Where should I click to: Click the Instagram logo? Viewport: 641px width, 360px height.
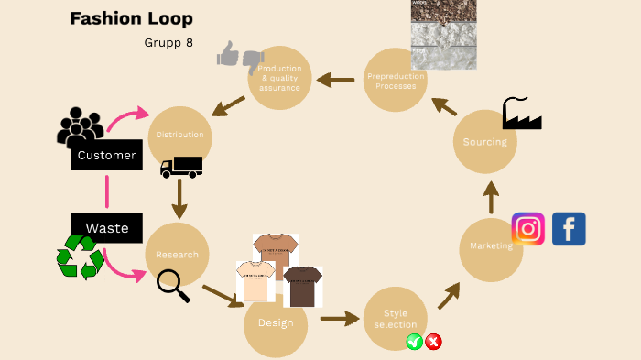(527, 228)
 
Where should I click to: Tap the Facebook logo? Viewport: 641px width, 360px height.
(569, 229)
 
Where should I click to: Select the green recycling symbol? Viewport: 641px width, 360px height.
(80, 257)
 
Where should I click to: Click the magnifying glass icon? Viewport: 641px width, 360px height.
(172, 286)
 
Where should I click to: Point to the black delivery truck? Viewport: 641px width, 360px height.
(180, 167)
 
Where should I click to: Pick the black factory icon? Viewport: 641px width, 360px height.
(521, 114)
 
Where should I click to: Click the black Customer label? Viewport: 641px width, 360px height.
(107, 156)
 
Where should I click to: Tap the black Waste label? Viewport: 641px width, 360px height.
(107, 228)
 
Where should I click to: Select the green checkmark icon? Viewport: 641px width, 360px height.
(414, 342)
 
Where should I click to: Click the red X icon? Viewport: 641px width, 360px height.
(434, 342)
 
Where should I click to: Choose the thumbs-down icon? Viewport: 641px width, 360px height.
(253, 61)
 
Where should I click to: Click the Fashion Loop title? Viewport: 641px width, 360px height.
(131, 19)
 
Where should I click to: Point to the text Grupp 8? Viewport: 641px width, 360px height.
(168, 42)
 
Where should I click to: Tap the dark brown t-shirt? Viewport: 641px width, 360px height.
(303, 286)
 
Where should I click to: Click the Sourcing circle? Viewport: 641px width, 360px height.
(484, 142)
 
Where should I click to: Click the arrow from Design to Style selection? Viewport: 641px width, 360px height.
(340, 319)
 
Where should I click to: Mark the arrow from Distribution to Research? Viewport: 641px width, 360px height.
(179, 197)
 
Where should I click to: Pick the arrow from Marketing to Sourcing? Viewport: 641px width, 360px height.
(491, 198)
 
